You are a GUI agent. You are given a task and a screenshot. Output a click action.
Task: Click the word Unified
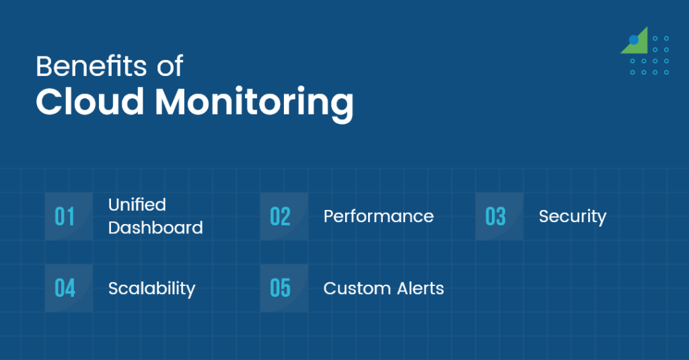[x=137, y=205]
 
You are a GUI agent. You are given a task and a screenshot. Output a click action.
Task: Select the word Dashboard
[x=155, y=228]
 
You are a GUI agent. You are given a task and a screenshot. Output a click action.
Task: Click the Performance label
[x=378, y=217]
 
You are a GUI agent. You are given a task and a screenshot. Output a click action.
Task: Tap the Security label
[x=573, y=217]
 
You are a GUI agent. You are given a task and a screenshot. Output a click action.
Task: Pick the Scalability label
[x=151, y=289]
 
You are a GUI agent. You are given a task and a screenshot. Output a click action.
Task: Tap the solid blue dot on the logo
[x=634, y=40]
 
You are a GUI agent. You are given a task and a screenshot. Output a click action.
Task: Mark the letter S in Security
[x=544, y=217]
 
